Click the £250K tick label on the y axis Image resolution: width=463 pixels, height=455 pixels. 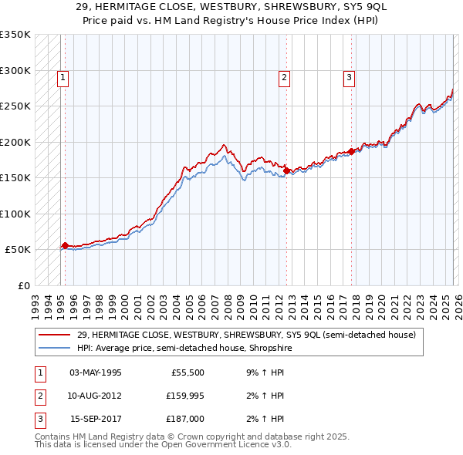point(15,106)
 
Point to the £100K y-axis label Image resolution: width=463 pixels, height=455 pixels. point(15,214)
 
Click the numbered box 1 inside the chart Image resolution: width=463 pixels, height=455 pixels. point(62,76)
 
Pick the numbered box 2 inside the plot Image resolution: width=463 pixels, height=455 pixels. point(284,76)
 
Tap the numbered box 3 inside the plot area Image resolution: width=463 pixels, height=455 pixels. point(349,76)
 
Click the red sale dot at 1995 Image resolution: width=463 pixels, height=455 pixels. point(65,245)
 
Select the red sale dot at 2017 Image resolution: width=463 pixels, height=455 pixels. point(351,151)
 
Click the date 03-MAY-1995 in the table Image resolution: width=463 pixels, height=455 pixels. point(95,372)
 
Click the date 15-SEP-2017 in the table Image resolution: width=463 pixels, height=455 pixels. point(96,419)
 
